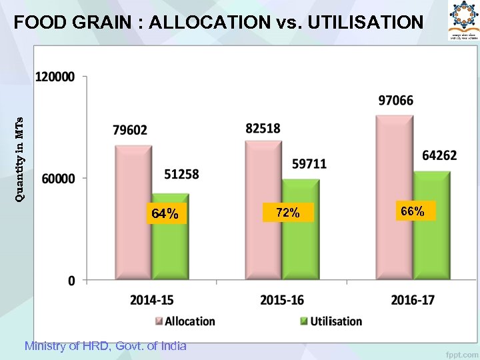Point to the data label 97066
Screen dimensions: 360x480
tap(396, 101)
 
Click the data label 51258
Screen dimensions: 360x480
tap(181, 174)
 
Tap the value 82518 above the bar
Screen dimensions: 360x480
tap(263, 128)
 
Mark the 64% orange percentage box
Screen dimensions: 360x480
tap(165, 214)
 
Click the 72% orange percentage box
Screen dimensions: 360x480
tap(288, 213)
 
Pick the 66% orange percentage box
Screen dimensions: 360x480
tap(413, 211)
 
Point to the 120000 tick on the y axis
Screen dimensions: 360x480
tap(55, 77)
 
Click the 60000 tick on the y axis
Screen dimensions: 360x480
tap(59, 179)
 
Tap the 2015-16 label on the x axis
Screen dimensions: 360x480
tap(282, 300)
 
